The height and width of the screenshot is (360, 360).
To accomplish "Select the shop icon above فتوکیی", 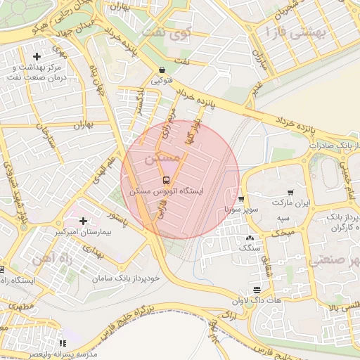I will [x=163, y=70].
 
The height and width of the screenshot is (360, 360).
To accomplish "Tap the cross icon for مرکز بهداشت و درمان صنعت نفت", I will [x=37, y=56].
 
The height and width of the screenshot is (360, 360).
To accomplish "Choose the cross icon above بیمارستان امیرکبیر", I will [x=84, y=221].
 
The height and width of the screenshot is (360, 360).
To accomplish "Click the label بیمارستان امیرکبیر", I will [x=83, y=231].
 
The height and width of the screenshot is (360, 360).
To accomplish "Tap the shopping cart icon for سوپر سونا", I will [x=241, y=199].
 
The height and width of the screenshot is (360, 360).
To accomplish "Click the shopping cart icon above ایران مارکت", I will [x=290, y=192].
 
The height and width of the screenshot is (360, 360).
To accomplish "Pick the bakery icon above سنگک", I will [x=251, y=238].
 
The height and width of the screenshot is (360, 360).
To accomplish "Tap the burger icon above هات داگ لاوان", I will [x=257, y=290].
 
